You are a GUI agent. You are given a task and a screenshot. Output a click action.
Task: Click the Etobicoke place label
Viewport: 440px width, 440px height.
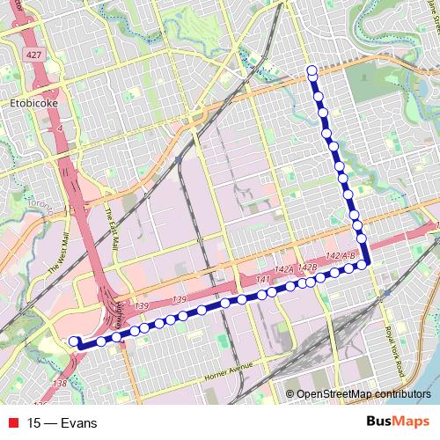tap(33, 102)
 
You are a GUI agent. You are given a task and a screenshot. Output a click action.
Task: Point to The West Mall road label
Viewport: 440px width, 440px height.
tap(59, 250)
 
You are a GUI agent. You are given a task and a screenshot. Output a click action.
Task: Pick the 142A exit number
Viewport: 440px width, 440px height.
tap(284, 270)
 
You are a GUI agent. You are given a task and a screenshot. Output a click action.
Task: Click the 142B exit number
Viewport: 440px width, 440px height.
tap(307, 267)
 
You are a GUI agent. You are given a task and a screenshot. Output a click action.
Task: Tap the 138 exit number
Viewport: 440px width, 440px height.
tap(60, 383)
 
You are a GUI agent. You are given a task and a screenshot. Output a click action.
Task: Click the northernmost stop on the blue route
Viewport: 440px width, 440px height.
tap(312, 70)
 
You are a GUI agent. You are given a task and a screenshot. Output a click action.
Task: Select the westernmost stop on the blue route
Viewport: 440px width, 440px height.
tap(74, 341)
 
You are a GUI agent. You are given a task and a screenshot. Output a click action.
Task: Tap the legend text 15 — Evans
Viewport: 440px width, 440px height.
tap(62, 422)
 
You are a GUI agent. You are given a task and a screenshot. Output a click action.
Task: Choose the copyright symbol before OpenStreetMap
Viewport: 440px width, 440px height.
tap(290, 394)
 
